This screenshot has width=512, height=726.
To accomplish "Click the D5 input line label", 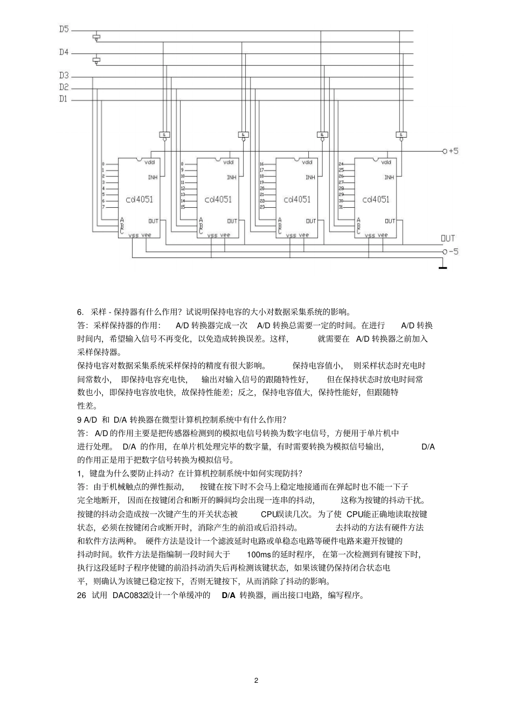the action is pyautogui.click(x=64, y=29).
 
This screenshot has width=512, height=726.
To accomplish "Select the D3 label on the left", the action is pyautogui.click(x=64, y=76).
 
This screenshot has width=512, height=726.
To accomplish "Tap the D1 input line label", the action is pyautogui.click(x=64, y=99).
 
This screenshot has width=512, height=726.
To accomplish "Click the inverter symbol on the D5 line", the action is pyautogui.click(x=96, y=38).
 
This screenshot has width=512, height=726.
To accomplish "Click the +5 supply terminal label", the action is pyautogui.click(x=451, y=151).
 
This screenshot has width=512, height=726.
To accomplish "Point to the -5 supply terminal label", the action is pyautogui.click(x=451, y=252).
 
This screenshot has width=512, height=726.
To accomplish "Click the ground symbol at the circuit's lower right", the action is pyautogui.click(x=442, y=266).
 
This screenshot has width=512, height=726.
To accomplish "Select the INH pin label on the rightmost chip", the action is pyautogui.click(x=389, y=177).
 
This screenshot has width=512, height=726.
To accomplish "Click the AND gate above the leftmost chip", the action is pyautogui.click(x=165, y=134).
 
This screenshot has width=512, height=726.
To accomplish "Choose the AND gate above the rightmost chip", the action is pyautogui.click(x=400, y=134).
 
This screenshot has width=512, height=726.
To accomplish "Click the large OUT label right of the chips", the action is pyautogui.click(x=448, y=238).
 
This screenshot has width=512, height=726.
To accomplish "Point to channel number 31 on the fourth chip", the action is pyautogui.click(x=341, y=207).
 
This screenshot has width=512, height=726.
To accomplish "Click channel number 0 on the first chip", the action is pyautogui.click(x=103, y=164).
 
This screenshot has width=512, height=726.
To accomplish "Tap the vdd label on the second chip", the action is pyautogui.click(x=229, y=162).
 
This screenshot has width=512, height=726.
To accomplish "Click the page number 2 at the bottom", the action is pyautogui.click(x=256, y=680).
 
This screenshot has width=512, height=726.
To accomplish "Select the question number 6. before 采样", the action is pyautogui.click(x=81, y=311).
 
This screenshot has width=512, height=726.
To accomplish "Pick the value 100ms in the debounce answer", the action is pyautogui.click(x=259, y=554).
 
